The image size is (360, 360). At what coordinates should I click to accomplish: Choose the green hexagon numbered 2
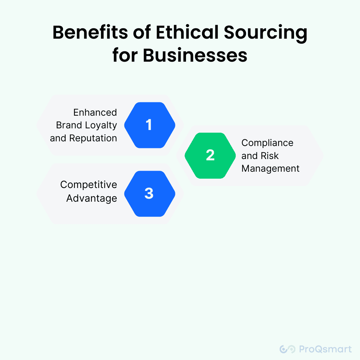click(210, 155)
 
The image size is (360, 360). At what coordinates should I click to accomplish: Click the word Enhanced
click(95, 112)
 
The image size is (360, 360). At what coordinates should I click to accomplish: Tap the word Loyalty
click(100, 125)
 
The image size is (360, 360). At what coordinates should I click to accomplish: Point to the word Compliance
click(267, 143)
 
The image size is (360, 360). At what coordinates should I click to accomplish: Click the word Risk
click(270, 156)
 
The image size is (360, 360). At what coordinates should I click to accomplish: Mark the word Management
click(270, 168)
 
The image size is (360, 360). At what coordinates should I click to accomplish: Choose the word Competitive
click(89, 185)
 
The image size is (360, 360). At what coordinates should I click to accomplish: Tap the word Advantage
click(92, 198)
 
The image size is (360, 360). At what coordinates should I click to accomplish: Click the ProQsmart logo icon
click(287, 349)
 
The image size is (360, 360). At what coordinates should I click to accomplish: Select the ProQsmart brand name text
click(325, 349)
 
